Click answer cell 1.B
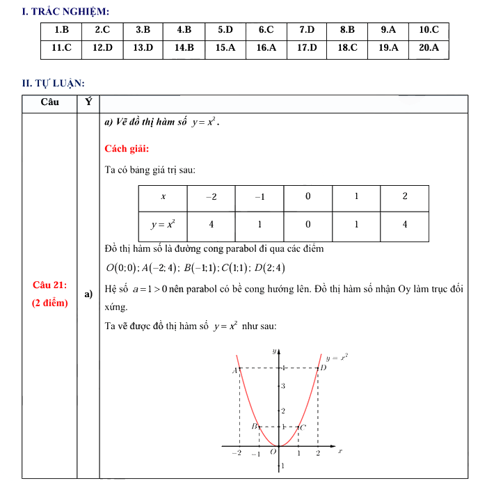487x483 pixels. (x=61, y=31)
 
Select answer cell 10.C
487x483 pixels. (x=429, y=31)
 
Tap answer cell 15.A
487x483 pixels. (x=225, y=48)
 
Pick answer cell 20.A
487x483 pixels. (x=429, y=48)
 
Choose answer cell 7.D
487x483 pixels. (x=307, y=31)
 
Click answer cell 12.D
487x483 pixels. (x=102, y=48)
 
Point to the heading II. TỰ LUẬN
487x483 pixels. (x=54, y=84)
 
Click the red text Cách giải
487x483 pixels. (x=127, y=148)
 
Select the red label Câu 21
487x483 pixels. (x=49, y=285)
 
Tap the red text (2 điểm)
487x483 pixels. (x=50, y=303)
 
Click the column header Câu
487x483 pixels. (x=49, y=102)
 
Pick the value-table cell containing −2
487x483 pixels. (x=211, y=197)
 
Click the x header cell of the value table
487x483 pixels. (x=163, y=197)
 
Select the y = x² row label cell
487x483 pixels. (x=163, y=225)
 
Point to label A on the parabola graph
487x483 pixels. (x=234, y=370)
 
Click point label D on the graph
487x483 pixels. (x=323, y=367)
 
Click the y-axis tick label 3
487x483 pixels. (x=282, y=385)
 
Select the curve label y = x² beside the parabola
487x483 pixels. (x=337, y=357)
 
